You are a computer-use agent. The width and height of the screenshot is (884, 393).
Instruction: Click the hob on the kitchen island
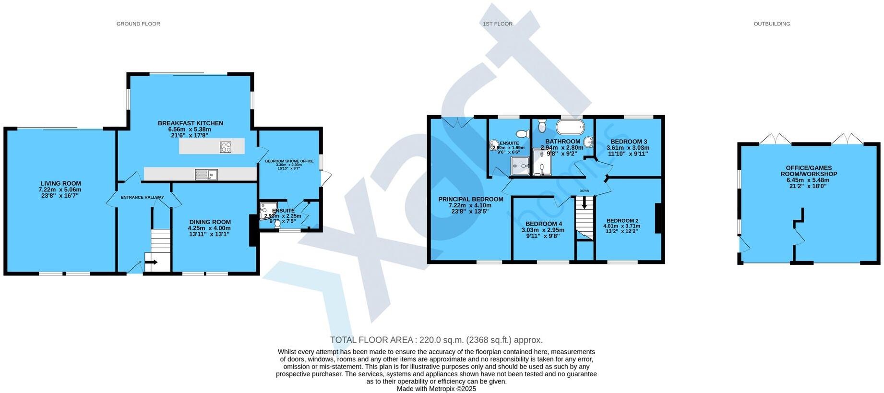click(226, 147)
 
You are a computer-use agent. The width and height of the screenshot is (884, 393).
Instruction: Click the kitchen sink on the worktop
click(206, 175)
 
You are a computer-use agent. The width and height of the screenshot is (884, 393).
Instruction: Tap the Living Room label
click(60, 183)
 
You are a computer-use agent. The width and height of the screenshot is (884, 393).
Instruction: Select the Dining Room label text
click(209, 222)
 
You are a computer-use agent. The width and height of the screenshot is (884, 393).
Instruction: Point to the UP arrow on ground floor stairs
click(151, 262)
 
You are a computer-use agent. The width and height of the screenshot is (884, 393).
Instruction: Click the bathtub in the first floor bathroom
click(570, 128)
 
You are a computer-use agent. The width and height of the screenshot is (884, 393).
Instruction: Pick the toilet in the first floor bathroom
click(542, 126)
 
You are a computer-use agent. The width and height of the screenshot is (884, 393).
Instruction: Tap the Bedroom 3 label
click(627, 142)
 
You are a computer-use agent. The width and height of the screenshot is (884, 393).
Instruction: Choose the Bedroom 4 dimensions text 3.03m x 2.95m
click(543, 230)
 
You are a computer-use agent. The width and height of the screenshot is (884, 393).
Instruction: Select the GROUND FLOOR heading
click(138, 24)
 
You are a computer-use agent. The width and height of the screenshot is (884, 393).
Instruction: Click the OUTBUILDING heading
click(772, 24)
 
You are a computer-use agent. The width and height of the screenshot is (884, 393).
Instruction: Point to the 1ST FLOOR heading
click(498, 24)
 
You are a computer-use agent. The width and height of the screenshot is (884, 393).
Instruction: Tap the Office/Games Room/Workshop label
click(808, 171)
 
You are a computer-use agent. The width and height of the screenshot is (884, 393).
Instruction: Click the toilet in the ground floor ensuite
click(277, 224)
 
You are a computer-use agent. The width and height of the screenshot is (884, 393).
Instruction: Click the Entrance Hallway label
click(142, 197)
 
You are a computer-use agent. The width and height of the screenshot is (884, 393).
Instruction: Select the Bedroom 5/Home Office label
click(289, 161)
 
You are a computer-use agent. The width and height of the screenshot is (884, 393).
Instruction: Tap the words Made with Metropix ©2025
click(436, 389)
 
